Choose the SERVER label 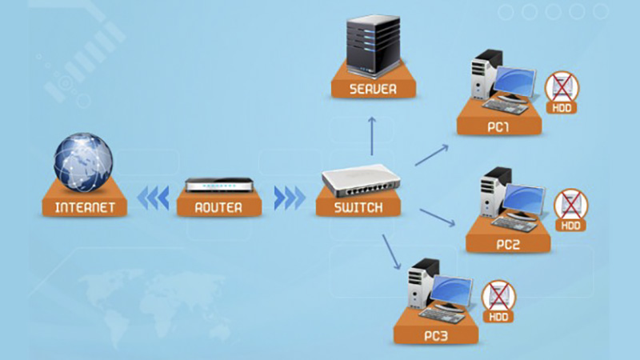tap(373, 89)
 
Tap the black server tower tap(373, 43)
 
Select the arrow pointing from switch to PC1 tap(432, 154)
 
